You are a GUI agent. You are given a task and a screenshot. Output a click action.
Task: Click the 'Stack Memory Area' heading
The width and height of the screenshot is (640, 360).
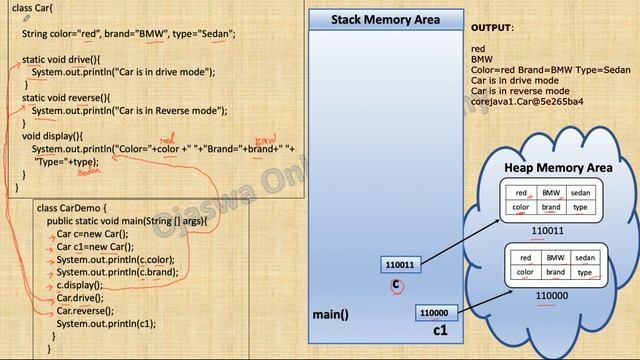[x=385, y=19]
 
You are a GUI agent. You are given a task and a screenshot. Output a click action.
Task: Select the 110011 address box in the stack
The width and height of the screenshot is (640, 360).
[x=398, y=265]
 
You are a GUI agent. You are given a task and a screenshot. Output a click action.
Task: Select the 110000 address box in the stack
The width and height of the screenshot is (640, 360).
[x=432, y=312]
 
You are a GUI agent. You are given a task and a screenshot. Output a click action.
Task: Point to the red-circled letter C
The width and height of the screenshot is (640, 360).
[x=397, y=286]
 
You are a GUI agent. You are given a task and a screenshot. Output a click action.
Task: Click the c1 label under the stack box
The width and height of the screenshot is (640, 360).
[x=440, y=330]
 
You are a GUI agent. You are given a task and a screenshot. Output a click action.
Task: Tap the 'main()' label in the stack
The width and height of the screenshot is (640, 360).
[x=330, y=314]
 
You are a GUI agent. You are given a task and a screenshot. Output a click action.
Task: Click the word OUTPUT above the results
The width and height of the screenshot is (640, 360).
[x=491, y=28]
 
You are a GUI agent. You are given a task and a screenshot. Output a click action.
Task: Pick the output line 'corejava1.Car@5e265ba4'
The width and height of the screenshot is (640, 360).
[x=527, y=102]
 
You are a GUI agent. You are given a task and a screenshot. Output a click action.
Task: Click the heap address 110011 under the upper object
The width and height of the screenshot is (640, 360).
[x=547, y=230]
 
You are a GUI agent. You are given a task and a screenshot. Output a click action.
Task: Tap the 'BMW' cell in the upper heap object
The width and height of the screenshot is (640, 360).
[x=551, y=193]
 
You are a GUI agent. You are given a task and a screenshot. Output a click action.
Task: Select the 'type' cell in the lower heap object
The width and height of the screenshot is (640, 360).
[x=585, y=272]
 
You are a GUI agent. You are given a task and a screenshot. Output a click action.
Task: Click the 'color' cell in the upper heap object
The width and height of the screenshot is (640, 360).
[x=520, y=208]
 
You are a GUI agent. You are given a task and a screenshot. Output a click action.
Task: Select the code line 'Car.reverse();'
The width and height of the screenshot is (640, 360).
[x=86, y=311]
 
